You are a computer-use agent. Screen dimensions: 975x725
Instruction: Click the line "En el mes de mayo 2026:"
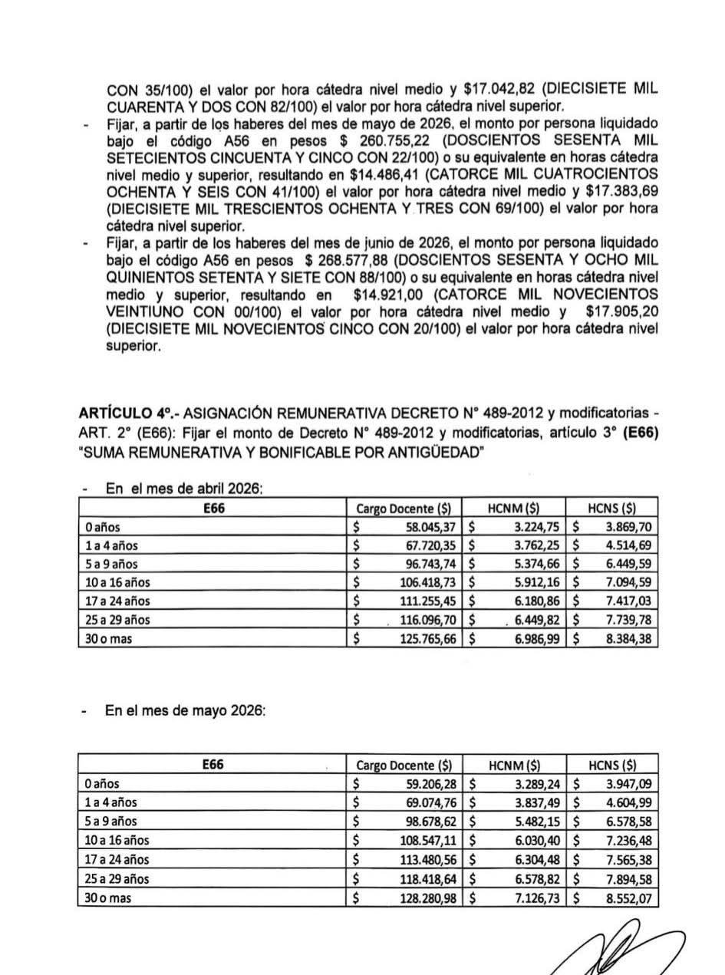[185, 710]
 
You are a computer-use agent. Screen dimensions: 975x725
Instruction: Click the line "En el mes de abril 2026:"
[184, 489]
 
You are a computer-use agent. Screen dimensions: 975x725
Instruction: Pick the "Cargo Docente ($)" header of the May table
[404, 765]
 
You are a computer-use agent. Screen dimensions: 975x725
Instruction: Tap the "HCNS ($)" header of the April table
[611, 508]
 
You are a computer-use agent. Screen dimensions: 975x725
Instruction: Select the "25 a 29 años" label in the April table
[118, 620]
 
